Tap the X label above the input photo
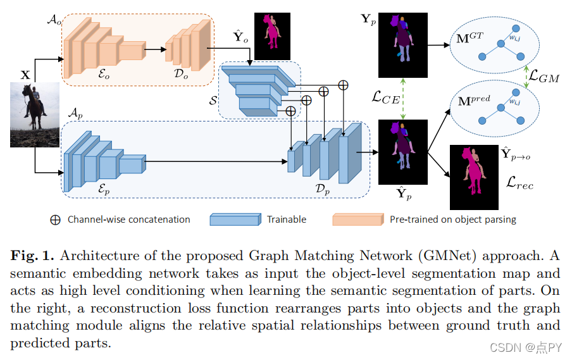(x=25, y=75)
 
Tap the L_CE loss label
(x=386, y=98)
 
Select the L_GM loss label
(x=544, y=77)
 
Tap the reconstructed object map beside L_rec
(x=474, y=177)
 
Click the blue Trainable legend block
(x=235, y=220)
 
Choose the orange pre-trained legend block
(x=357, y=220)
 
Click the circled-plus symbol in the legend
(x=56, y=220)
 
